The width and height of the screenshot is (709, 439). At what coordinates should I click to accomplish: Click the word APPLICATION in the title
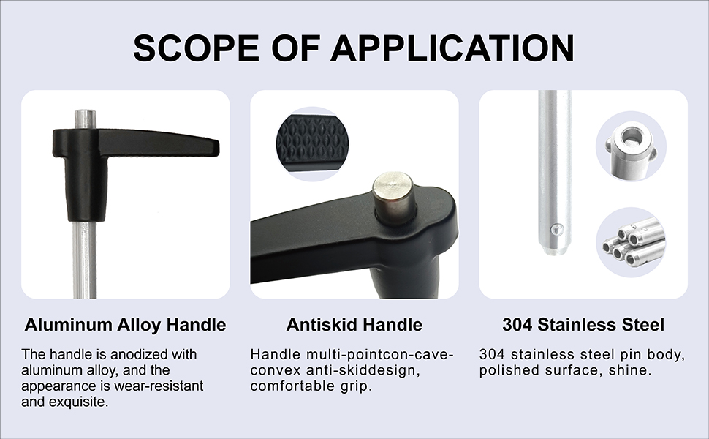pos(452,48)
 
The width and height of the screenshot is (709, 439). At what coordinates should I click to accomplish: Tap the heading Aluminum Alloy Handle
pos(125,325)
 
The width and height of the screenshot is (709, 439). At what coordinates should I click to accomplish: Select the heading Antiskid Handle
pos(354,325)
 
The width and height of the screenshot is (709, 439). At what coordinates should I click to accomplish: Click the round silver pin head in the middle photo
pos(393,198)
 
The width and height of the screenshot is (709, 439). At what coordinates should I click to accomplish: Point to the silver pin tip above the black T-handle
pos(85,119)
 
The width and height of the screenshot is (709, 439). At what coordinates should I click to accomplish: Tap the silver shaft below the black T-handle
pos(85,259)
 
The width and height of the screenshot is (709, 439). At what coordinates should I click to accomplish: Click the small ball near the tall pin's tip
pos(559,229)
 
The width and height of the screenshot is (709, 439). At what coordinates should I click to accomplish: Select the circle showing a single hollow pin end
pos(631,146)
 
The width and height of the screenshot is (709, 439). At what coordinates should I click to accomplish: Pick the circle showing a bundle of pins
pos(631,242)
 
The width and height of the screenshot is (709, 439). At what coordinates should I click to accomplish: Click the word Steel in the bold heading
pos(643,325)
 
